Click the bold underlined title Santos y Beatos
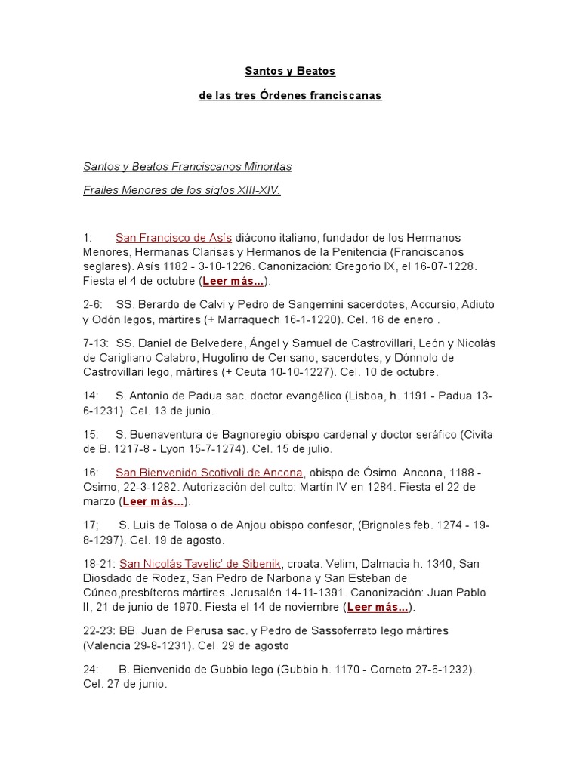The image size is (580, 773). coord(289,71)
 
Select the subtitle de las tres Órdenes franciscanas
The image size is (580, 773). coord(290,96)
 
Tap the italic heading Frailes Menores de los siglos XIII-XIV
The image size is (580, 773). coord(181,191)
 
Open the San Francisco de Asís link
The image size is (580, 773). coord(174,237)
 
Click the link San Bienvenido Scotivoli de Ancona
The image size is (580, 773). coord(209,473)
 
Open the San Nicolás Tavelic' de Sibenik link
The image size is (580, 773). coord(200,564)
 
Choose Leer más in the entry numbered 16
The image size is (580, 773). coord(153,501)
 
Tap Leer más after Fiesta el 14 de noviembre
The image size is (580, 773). coord(378,607)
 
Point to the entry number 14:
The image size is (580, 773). coord(91,396)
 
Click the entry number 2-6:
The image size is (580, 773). coord(93,304)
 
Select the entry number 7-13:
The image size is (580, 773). coord(95,343)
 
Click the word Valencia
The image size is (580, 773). coord(107,645)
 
